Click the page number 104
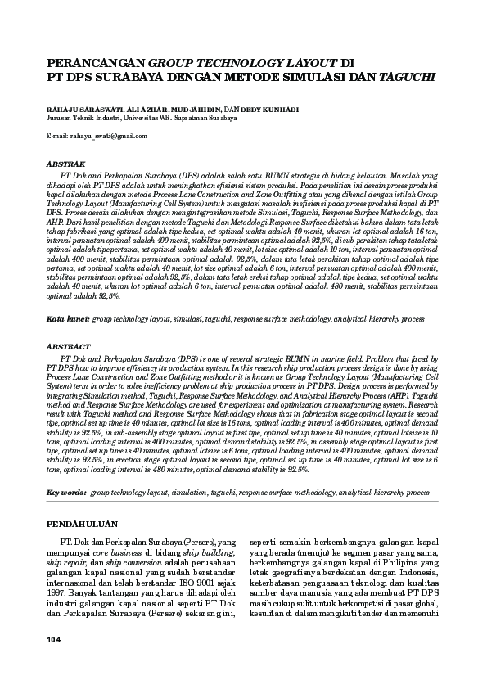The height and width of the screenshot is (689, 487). pyautogui.click(x=55, y=637)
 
